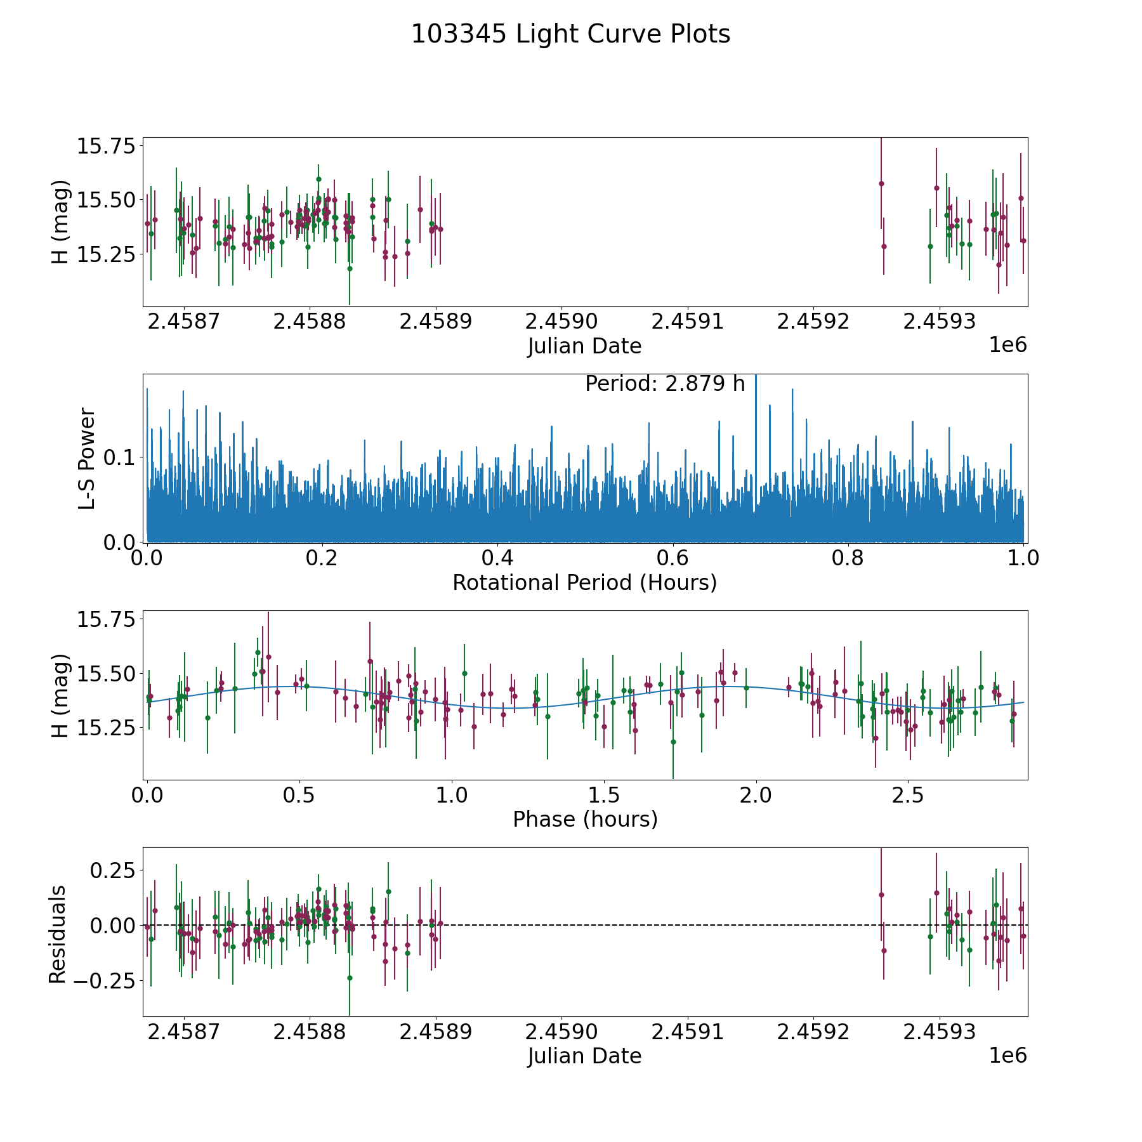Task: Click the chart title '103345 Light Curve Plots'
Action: coord(570,34)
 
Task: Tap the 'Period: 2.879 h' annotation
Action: coord(664,384)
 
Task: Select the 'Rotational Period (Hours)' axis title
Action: coord(584,582)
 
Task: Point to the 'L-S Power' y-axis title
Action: coord(86,458)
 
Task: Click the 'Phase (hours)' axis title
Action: coord(584,819)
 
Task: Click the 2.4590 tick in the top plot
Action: coord(561,321)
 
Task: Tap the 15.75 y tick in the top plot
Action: coord(106,146)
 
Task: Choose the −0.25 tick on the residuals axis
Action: coord(102,981)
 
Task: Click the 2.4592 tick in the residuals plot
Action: coord(813,1032)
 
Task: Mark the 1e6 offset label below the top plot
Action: coord(1007,345)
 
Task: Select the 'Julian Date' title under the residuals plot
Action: coord(584,1056)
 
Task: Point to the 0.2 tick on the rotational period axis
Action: coord(322,558)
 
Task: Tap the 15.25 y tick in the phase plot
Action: coord(106,727)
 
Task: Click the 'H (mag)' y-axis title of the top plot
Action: coord(59,222)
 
